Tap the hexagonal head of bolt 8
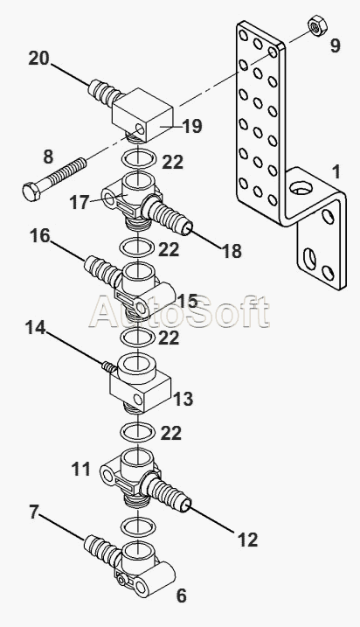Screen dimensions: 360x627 click(x=31, y=192)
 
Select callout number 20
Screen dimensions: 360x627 click(x=38, y=59)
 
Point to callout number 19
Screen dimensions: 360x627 click(x=192, y=126)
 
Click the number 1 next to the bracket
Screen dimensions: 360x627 click(x=336, y=172)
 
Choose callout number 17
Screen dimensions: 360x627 click(x=79, y=202)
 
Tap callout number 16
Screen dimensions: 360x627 click(x=40, y=236)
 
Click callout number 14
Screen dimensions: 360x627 click(x=35, y=328)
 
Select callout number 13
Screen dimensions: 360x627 click(x=183, y=399)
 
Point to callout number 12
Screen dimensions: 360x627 click(x=248, y=540)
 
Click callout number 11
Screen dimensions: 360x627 click(x=80, y=469)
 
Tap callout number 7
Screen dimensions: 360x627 click(x=34, y=512)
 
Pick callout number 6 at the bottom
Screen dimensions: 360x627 click(x=182, y=596)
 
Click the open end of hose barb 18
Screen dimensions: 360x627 click(x=188, y=229)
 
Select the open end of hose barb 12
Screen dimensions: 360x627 click(x=188, y=506)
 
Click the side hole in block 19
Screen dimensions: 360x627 click(x=140, y=129)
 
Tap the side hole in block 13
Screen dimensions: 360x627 click(x=138, y=399)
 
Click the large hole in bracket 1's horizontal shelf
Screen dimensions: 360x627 click(x=301, y=187)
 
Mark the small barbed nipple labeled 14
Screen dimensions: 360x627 click(x=108, y=366)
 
